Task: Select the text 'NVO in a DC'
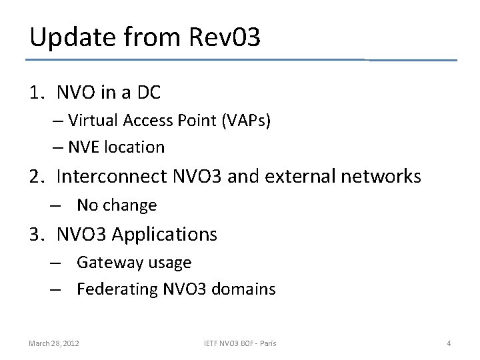pyautogui.click(x=109, y=93)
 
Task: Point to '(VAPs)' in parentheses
pyautogui.click(x=247, y=121)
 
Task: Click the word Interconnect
pyautogui.click(x=111, y=177)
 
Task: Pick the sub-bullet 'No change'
pyautogui.click(x=117, y=205)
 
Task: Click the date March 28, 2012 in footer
pyautogui.click(x=54, y=343)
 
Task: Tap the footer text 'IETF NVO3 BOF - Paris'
pyautogui.click(x=240, y=343)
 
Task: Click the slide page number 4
pyautogui.click(x=449, y=343)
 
